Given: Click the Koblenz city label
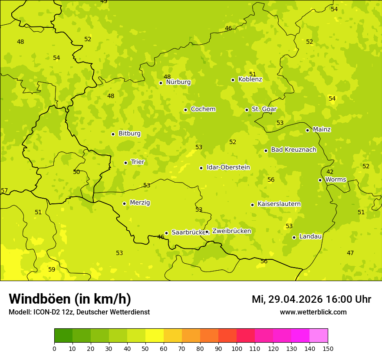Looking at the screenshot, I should (x=250, y=79).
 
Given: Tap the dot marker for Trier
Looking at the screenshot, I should (x=126, y=163).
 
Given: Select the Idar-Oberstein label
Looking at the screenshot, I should (x=228, y=167).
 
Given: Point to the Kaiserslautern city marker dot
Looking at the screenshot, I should (x=252, y=205).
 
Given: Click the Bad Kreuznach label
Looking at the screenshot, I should (x=293, y=150).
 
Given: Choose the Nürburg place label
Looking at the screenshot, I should (x=178, y=82).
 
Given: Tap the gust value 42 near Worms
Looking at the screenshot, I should (x=330, y=172).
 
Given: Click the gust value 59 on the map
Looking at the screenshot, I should (x=52, y=269).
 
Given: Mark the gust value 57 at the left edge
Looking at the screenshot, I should (x=4, y=190).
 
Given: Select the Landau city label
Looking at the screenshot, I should (x=310, y=236).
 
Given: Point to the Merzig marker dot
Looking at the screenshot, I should (x=124, y=203).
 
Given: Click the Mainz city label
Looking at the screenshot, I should (x=322, y=129).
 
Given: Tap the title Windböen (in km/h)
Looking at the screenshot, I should (x=70, y=299).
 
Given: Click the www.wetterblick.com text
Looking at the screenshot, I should (x=313, y=312).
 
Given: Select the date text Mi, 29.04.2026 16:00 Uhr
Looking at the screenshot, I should (x=311, y=299).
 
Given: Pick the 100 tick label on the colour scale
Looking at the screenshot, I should (x=237, y=348).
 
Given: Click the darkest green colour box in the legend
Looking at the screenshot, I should (x=63, y=335).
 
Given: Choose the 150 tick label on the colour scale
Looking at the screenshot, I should (x=328, y=348).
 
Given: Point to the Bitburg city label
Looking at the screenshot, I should (x=129, y=134).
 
